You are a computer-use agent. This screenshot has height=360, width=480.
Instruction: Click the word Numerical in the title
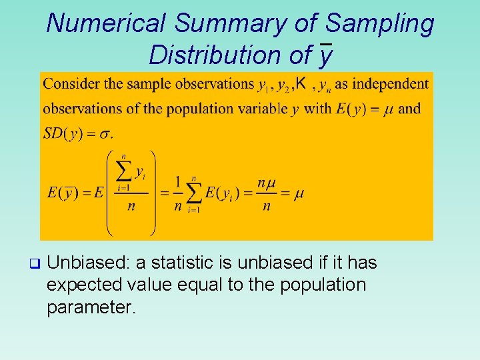(x=106, y=23)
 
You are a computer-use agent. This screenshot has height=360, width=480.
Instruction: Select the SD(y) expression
(x=63, y=133)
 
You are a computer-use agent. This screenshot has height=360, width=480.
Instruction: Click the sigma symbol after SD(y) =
(x=105, y=134)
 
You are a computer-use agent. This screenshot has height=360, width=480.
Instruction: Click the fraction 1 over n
(x=177, y=193)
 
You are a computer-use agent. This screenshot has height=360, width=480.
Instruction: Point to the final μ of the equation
(x=299, y=193)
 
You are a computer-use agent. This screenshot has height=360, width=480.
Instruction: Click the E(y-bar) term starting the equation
(x=61, y=193)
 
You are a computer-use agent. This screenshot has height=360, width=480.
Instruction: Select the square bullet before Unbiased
(x=35, y=263)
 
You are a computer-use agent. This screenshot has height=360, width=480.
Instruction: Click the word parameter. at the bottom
(x=91, y=307)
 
